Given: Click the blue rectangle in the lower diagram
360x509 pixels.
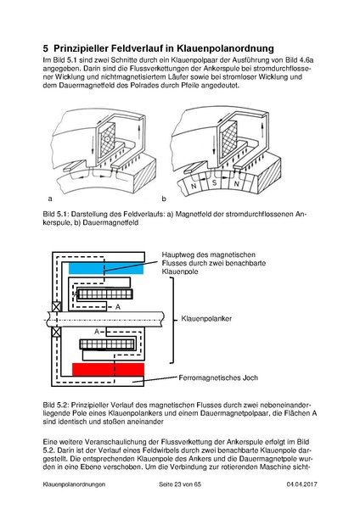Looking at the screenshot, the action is coord(106,268).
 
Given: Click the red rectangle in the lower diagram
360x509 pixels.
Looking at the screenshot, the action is coord(108,369).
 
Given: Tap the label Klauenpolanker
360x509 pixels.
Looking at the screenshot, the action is coord(206,318).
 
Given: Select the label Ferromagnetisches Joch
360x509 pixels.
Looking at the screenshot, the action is coord(218,378).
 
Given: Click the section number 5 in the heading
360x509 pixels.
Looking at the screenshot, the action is coord(46,48).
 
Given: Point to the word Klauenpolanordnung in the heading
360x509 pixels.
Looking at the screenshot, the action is coord(225,48).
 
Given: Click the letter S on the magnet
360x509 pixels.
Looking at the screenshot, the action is coord(214,182).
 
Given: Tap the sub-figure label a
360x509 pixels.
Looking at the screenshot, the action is coord(50,199).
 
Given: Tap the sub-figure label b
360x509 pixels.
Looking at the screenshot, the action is coord(164,199).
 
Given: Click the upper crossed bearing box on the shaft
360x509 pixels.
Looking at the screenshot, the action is coord(57,307).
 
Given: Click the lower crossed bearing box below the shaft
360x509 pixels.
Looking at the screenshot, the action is coord(57,332).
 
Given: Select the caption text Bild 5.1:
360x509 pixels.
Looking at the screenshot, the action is coord(56,215).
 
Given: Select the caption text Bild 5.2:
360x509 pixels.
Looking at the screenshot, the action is coord(56,406).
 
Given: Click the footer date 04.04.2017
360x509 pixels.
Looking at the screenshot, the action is coord(302,484).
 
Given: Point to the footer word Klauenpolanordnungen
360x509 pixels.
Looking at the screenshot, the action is coord(74,484).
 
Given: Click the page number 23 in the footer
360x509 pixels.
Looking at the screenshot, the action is coord(177,484).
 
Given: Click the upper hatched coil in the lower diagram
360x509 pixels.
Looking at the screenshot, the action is coord(105,294).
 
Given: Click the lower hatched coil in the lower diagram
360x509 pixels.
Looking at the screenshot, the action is coord(107,344).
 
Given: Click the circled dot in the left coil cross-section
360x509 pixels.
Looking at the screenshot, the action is coord(106,138).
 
